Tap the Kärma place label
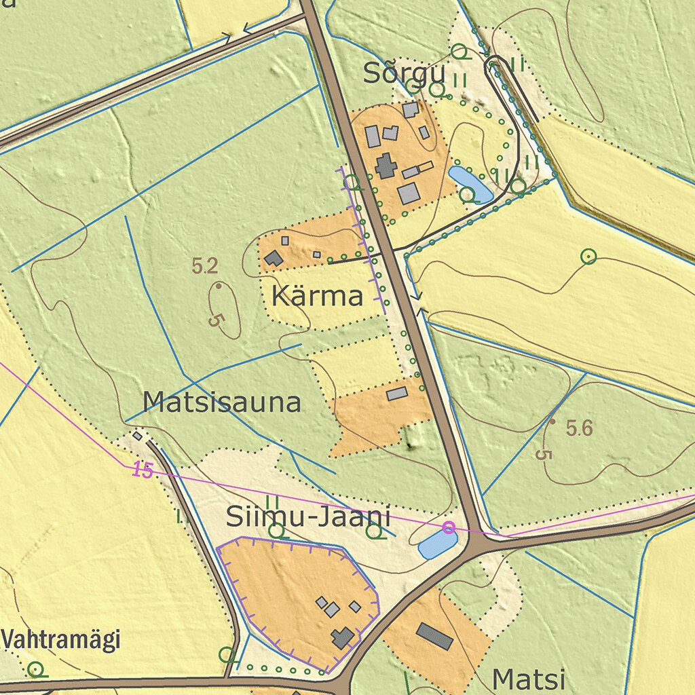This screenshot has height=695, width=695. click(x=317, y=296)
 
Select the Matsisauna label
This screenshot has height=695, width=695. click(x=222, y=403)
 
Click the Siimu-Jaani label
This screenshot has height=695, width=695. click(x=308, y=518)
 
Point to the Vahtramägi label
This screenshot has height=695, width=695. click(x=60, y=639)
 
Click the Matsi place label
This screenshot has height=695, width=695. click(x=529, y=679)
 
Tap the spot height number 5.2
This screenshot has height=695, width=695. click(x=204, y=267)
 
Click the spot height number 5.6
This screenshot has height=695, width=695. click(x=580, y=428)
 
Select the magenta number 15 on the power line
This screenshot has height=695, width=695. click(x=143, y=470)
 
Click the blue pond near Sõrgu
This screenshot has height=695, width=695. click(x=470, y=183)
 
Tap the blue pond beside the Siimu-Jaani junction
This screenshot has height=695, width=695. click(x=437, y=544)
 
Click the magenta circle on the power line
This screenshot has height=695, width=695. click(x=448, y=527)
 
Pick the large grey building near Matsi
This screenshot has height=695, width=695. click(x=434, y=636)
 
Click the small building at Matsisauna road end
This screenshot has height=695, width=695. click(x=138, y=436)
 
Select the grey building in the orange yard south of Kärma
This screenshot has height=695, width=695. click(x=397, y=393)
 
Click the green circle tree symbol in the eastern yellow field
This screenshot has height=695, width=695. click(x=588, y=257)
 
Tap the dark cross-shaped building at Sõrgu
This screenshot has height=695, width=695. click(x=386, y=166)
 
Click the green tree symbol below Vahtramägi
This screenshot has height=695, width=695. click(x=35, y=670)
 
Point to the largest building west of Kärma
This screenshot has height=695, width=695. click(x=274, y=258)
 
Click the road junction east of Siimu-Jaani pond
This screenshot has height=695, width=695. click(x=479, y=544)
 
